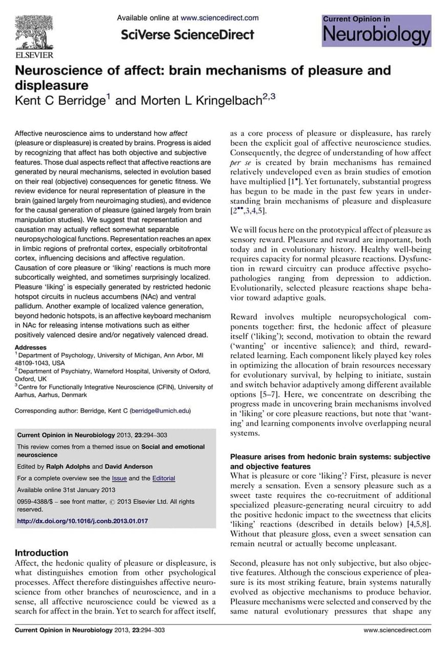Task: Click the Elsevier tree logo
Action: (34, 33)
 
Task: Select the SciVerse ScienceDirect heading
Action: (188, 35)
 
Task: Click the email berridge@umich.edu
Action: (160, 410)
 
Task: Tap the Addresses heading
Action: (30, 347)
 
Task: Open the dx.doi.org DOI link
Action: (83, 521)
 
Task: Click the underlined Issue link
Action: (119, 478)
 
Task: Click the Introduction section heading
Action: (42, 553)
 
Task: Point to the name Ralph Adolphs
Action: (68, 466)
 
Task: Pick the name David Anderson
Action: (129, 466)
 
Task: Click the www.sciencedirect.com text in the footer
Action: (397, 630)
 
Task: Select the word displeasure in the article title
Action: (51, 85)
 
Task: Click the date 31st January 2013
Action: (87, 489)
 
